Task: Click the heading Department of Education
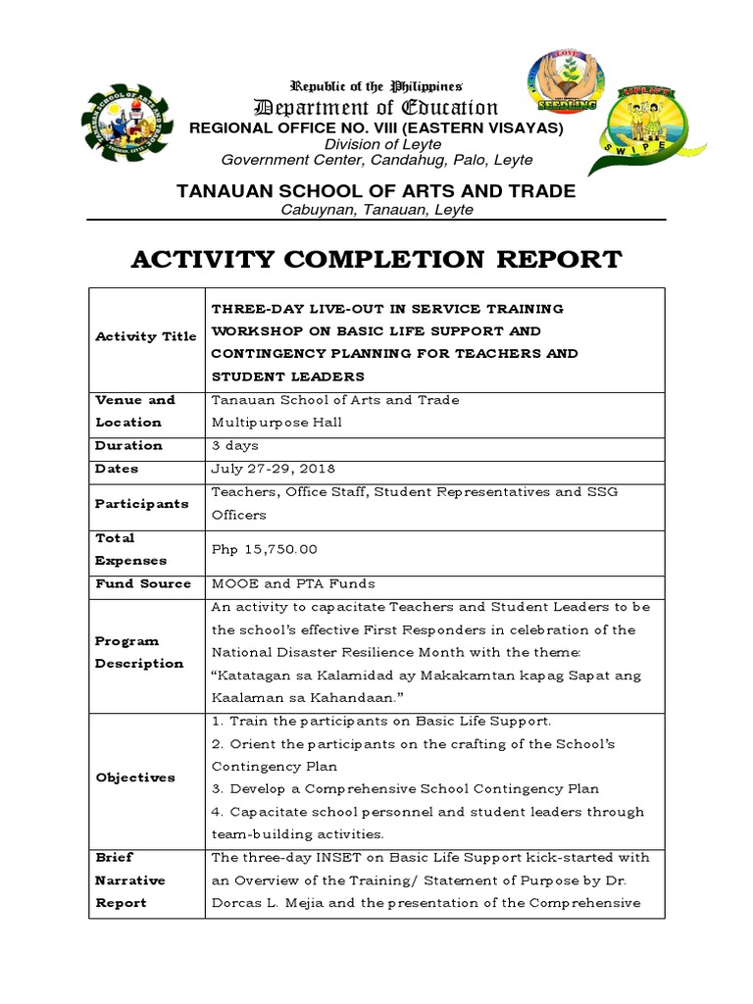coord(376,108)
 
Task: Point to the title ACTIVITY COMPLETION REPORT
coord(376,260)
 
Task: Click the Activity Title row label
coord(146,336)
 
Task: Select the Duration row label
coord(128,445)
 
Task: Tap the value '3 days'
coord(235,445)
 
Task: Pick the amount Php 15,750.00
coord(265,549)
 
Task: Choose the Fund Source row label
coord(143,583)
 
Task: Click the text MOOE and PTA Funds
coord(293,583)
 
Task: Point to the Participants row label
coord(141,503)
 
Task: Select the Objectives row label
coord(135,778)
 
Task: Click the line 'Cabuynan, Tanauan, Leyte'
coord(376,210)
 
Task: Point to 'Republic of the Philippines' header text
coord(376,87)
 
